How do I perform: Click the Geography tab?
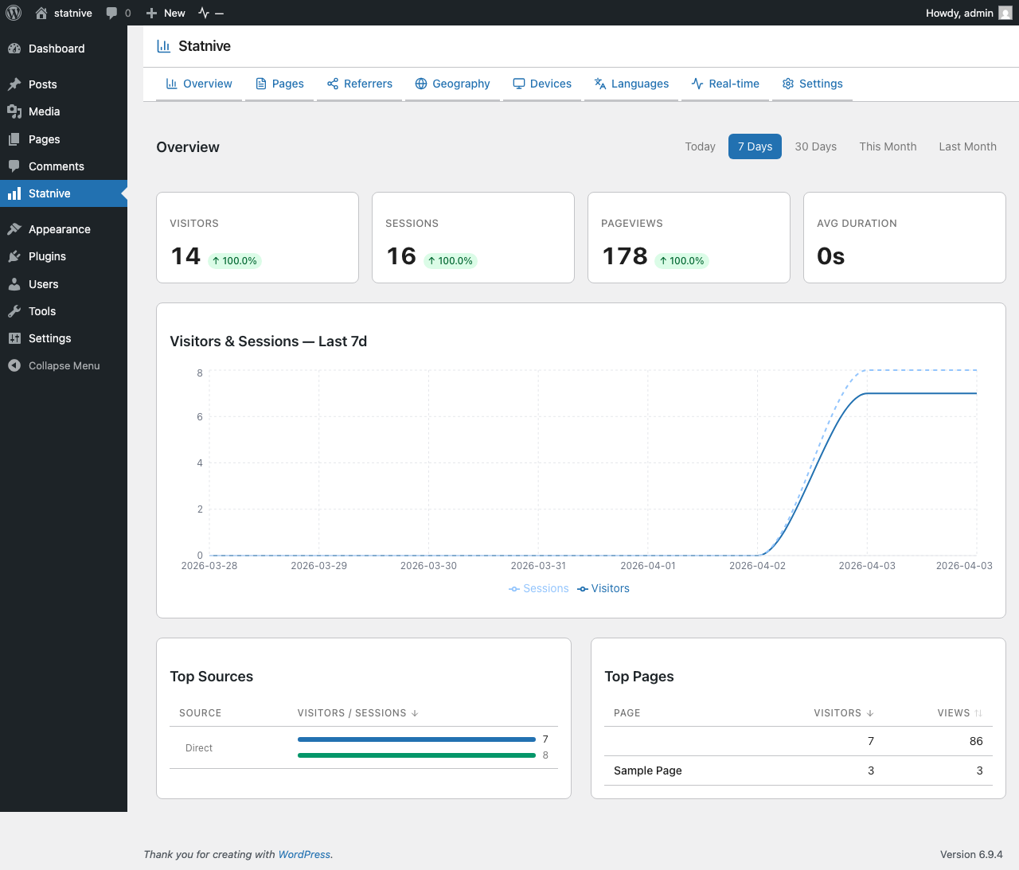pyautogui.click(x=452, y=84)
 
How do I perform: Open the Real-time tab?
pyautogui.click(x=725, y=84)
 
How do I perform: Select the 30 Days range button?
pyautogui.click(x=815, y=146)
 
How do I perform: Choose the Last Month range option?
pyautogui.click(x=967, y=146)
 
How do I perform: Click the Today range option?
pyautogui.click(x=700, y=146)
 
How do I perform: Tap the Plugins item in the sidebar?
pyautogui.click(x=47, y=256)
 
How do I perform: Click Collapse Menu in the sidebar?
pyautogui.click(x=64, y=365)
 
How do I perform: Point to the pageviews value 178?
pyautogui.click(x=625, y=256)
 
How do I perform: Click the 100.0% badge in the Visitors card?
pyautogui.click(x=235, y=261)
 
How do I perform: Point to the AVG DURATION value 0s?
pyautogui.click(x=830, y=256)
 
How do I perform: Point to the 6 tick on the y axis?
pyautogui.click(x=200, y=417)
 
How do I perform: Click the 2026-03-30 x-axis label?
pyautogui.click(x=428, y=566)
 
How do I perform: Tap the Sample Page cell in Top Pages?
pyautogui.click(x=647, y=771)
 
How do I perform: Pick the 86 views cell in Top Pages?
pyautogui.click(x=975, y=741)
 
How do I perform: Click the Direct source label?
pyautogui.click(x=199, y=748)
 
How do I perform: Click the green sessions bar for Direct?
pyautogui.click(x=416, y=755)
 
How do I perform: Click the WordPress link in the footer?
pyautogui.click(x=304, y=855)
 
